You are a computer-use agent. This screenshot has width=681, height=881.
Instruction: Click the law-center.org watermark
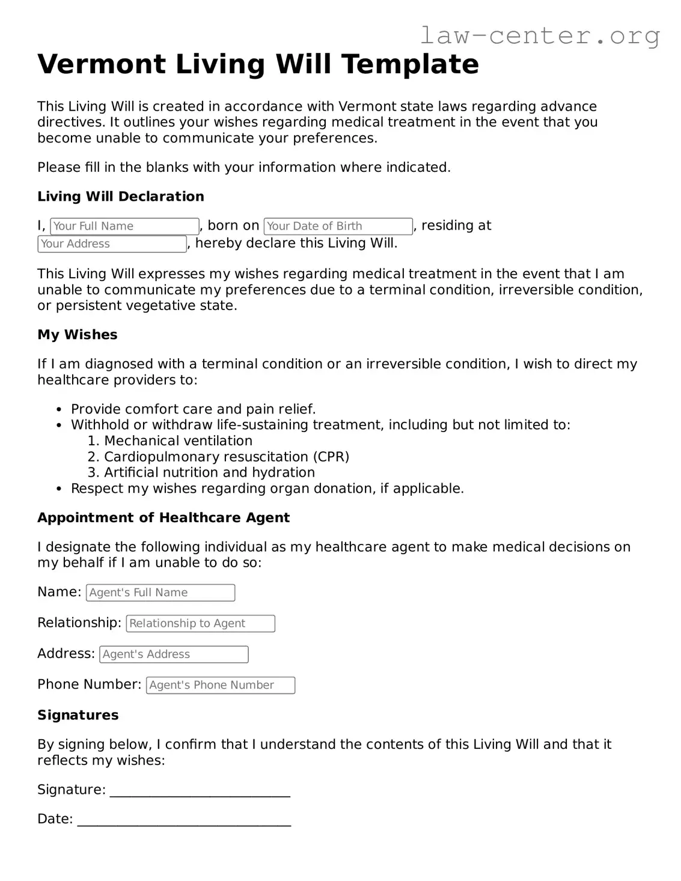coord(539,35)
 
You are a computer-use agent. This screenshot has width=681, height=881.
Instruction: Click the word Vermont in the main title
coord(102,64)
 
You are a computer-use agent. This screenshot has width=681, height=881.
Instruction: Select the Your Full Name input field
coord(124,226)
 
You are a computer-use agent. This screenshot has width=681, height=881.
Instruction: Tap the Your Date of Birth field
coord(338,226)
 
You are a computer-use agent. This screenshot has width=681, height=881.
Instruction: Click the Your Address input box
coord(112,243)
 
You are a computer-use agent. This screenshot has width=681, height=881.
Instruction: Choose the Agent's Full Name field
coord(160,593)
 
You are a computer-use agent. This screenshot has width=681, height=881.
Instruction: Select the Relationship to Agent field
coord(200,623)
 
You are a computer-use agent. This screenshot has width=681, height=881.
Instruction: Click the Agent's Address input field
coord(174,654)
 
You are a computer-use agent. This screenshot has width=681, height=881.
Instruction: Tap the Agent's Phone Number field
coord(221,685)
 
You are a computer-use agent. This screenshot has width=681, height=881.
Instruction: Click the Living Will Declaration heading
coord(121,197)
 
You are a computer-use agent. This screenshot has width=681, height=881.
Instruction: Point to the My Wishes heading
coord(78,335)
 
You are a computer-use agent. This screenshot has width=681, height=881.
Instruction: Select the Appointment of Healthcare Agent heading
coord(163,518)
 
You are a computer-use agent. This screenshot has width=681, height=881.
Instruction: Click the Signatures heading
coord(78,715)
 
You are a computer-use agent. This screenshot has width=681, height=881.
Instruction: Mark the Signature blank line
coord(200,792)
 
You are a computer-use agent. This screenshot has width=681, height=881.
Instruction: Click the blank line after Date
coord(184,822)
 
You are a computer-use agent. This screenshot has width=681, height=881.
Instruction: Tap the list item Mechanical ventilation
coord(178,441)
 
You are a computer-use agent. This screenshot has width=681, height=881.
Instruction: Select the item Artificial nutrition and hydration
coord(209,472)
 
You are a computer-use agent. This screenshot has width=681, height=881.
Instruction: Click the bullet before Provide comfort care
coord(59,410)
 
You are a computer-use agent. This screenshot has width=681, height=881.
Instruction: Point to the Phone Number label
coord(90,684)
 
